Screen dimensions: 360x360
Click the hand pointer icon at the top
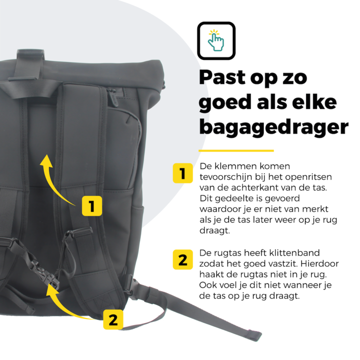(216, 40)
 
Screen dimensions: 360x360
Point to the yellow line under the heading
(236, 150)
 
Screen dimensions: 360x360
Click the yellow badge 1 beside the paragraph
(183, 173)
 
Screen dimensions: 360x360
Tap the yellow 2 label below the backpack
(113, 319)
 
